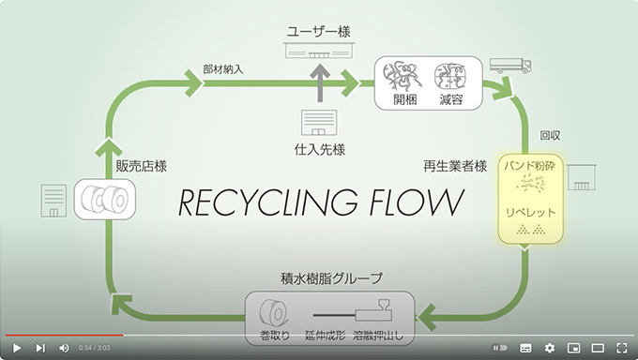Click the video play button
point(17,348)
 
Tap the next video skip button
point(39,348)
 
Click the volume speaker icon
point(64,348)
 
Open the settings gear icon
point(549,348)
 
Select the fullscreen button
point(622,348)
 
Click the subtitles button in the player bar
point(525,348)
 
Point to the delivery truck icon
point(510,66)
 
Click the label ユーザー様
point(319,31)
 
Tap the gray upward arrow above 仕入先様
point(320,83)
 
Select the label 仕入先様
point(319,150)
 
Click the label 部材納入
point(223,69)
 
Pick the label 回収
point(550,135)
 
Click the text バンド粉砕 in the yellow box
point(530,166)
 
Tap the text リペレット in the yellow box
point(531,212)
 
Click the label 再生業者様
point(455,166)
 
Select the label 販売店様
point(141,166)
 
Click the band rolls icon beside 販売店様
point(105,200)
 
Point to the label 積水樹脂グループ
point(331,278)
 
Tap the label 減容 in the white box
point(451,99)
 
